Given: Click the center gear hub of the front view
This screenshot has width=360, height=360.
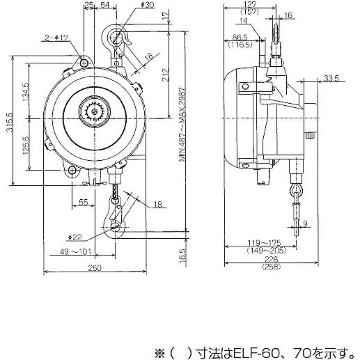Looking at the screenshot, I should click(93, 111).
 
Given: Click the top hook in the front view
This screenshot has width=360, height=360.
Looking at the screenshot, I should click(116, 36).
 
